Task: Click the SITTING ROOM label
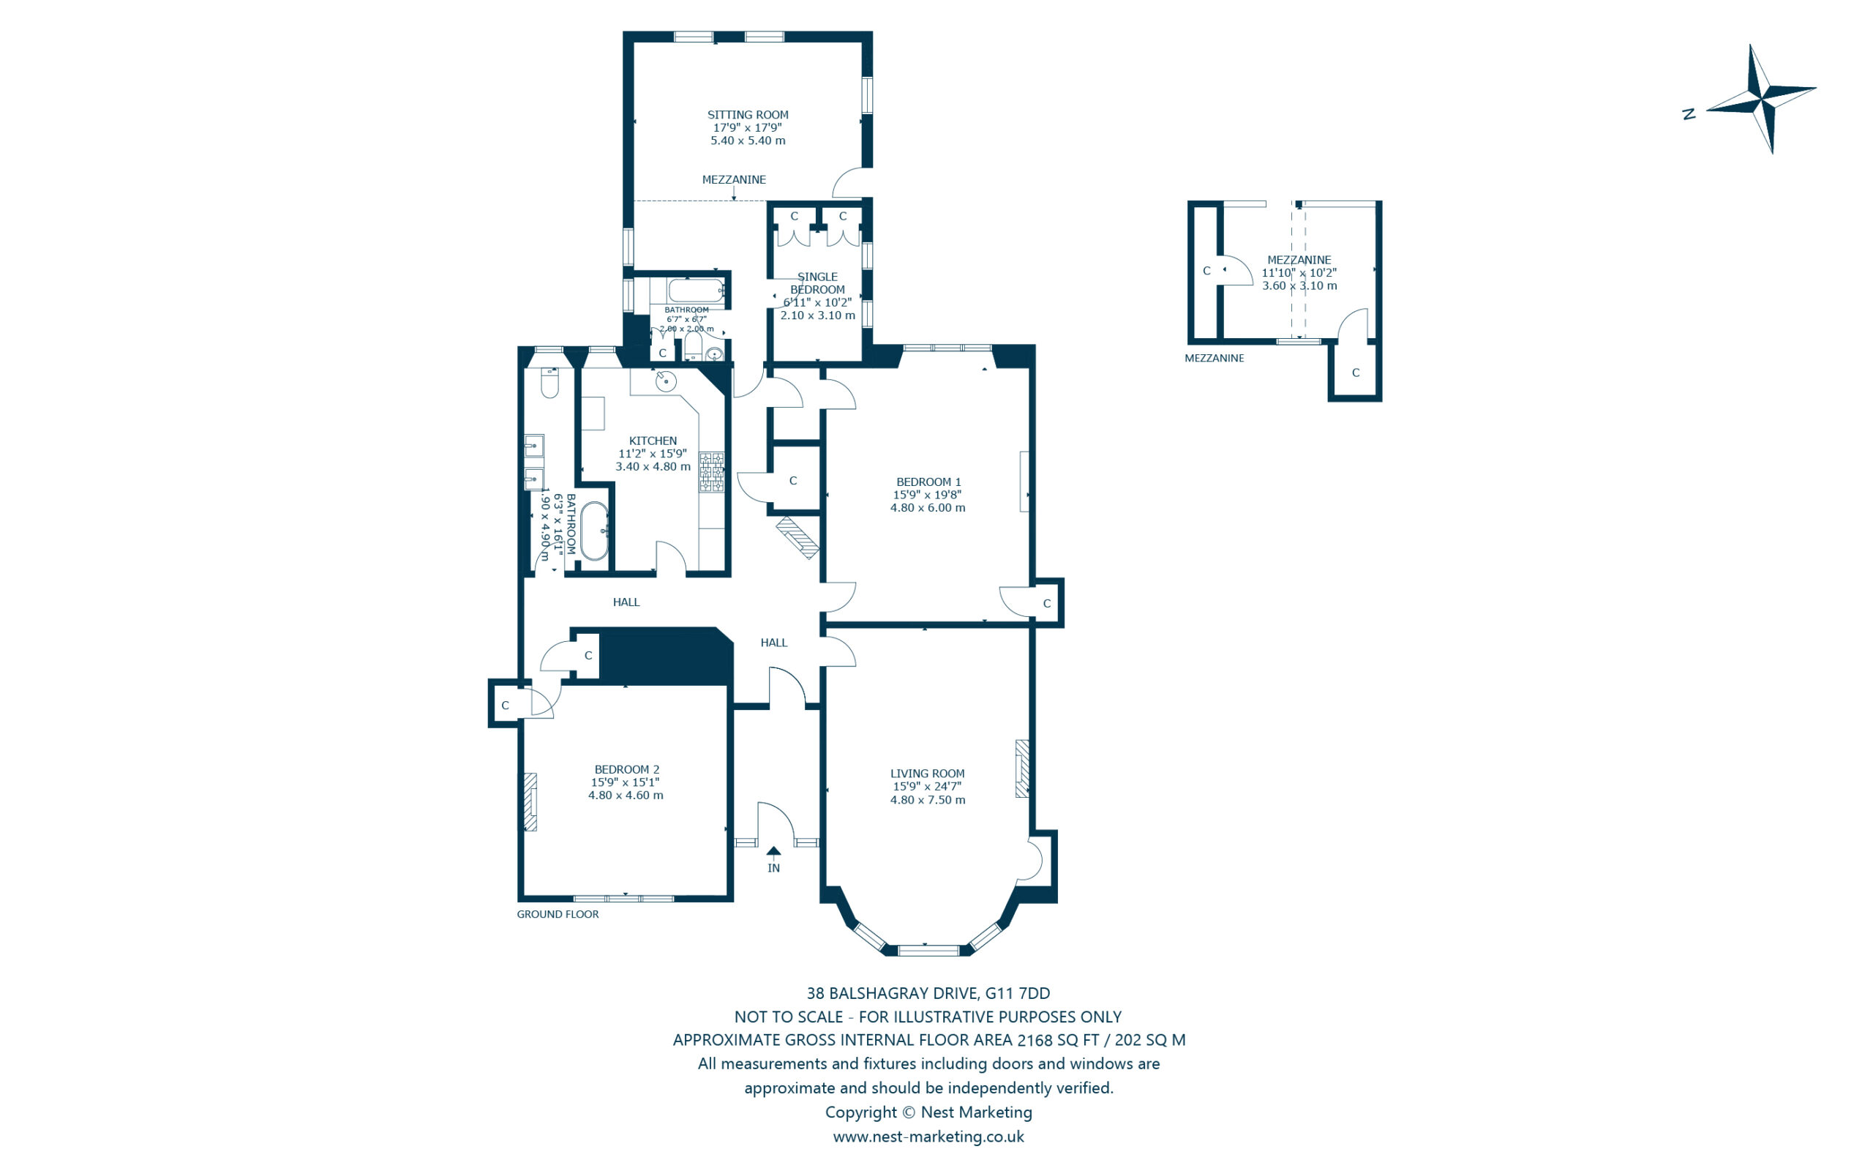point(747,115)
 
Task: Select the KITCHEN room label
point(653,441)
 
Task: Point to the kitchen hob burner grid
point(711,471)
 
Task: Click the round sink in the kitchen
point(666,381)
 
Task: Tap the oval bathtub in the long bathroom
point(594,531)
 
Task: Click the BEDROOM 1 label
point(928,482)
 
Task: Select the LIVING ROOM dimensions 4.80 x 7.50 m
point(927,800)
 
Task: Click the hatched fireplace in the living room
point(1021,768)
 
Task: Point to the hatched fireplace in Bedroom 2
point(530,801)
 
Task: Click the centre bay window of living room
point(928,949)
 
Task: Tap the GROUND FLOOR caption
point(558,914)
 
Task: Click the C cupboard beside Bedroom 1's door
point(1046,603)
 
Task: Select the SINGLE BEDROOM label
point(817,283)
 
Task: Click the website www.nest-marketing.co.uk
point(928,1136)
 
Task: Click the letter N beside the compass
point(1689,115)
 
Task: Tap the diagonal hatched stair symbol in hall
point(798,537)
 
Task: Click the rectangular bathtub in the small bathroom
point(696,291)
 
